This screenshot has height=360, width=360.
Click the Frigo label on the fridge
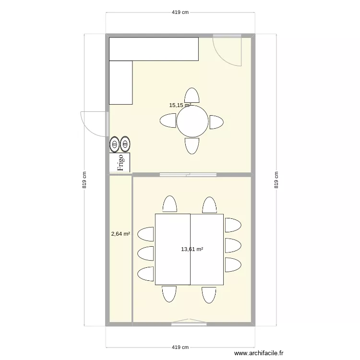pyautogui.click(x=120, y=162)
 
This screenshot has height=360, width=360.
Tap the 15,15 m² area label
pyautogui.click(x=180, y=105)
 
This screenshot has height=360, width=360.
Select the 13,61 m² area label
pyautogui.click(x=192, y=249)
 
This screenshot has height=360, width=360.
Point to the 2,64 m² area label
pyautogui.click(x=120, y=234)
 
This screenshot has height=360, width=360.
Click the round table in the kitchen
pyautogui.click(x=192, y=121)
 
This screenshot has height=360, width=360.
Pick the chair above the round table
pyautogui.click(x=192, y=96)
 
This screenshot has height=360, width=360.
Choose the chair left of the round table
pyautogui.click(x=168, y=121)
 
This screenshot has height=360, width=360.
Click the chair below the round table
pyautogui.click(x=192, y=146)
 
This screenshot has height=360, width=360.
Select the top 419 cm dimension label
pyautogui.click(x=180, y=13)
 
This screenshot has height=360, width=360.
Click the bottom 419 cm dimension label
pyautogui.click(x=180, y=348)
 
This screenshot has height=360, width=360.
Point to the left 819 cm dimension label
pyautogui.click(x=84, y=180)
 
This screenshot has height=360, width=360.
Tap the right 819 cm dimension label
pyautogui.click(x=276, y=180)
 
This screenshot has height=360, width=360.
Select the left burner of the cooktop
pyautogui.click(x=115, y=144)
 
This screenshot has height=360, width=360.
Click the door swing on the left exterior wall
pyautogui.click(x=94, y=123)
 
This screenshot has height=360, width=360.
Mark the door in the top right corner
pyautogui.click(x=227, y=50)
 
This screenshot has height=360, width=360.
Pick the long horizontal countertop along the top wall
pyautogui.click(x=154, y=49)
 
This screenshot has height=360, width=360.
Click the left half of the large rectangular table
pyautogui.click(x=173, y=249)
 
